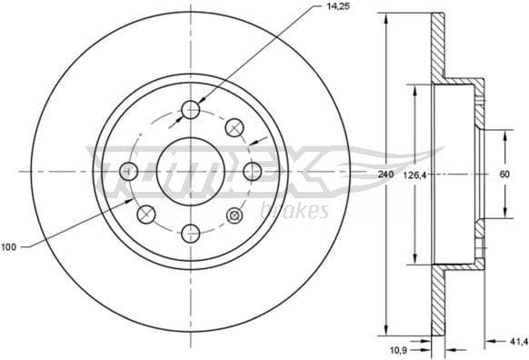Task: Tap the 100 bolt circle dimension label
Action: click(x=10, y=246)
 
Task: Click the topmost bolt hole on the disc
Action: click(x=191, y=110)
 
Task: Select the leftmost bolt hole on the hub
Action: click(x=130, y=171)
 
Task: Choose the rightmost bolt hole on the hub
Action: click(x=252, y=171)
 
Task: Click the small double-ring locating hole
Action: click(x=235, y=215)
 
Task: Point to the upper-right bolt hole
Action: click(x=235, y=126)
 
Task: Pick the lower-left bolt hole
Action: click(x=146, y=215)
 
